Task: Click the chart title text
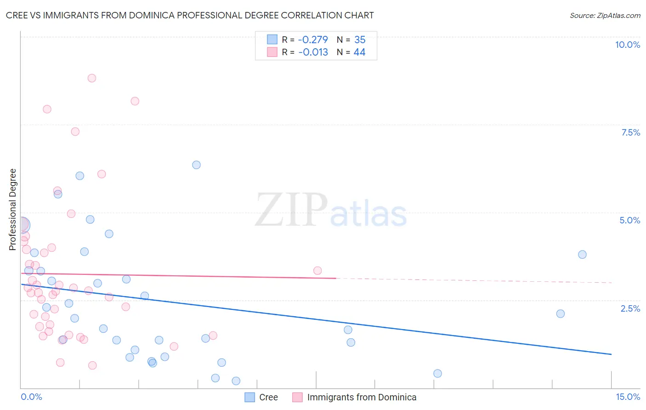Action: [x=190, y=15]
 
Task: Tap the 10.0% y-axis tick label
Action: [x=627, y=45]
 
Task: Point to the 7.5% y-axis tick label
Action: [x=630, y=132]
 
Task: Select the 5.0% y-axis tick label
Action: [x=629, y=220]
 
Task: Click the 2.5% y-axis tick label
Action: [x=630, y=308]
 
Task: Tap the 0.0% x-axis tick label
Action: [x=31, y=397]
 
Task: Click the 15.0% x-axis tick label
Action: [x=628, y=397]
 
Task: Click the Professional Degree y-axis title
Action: [x=13, y=210]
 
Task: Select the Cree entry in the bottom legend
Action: [x=268, y=397]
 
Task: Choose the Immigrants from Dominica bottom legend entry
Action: [x=362, y=397]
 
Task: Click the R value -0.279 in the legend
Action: [x=313, y=40]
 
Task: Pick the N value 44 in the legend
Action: [x=359, y=52]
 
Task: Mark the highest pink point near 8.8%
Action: [x=92, y=78]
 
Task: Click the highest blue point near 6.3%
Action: [x=196, y=165]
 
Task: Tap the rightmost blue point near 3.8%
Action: [x=582, y=255]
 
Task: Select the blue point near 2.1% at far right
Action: [x=561, y=314]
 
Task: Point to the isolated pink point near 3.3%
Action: [x=317, y=271]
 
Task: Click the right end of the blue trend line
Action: [x=611, y=354]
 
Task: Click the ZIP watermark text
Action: [x=291, y=211]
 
